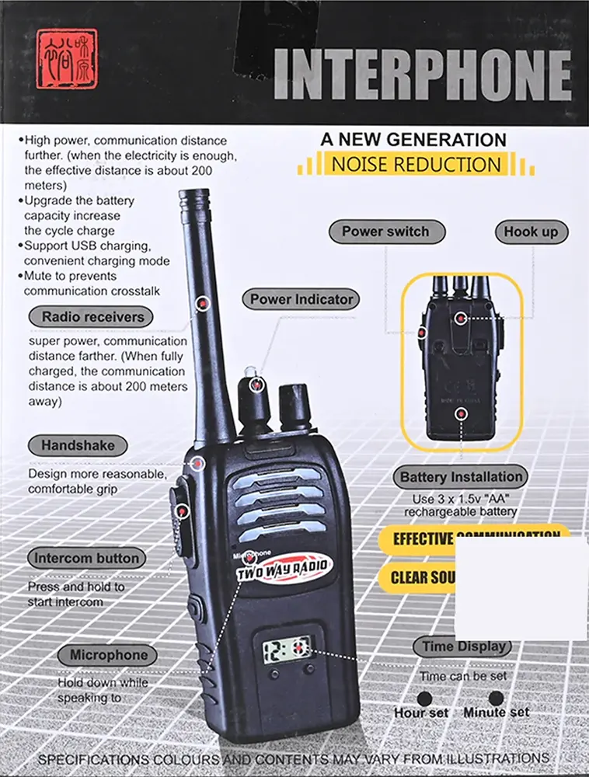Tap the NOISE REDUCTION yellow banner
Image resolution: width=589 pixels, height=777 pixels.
tap(416, 164)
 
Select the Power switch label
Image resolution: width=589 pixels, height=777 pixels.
tap(385, 232)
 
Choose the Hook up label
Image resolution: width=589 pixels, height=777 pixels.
tap(531, 232)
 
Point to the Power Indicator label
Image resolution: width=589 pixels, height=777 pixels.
tap(301, 299)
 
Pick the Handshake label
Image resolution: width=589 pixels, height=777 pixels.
tap(78, 446)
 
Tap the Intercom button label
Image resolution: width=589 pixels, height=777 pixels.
tap(86, 558)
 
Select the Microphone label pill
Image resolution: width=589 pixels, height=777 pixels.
tap(108, 655)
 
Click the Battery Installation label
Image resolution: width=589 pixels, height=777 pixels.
tap(461, 477)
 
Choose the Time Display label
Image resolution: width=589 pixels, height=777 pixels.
tap(463, 646)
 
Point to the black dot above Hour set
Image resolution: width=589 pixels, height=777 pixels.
tap(424, 699)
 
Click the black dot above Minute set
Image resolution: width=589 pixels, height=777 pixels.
tap(496, 699)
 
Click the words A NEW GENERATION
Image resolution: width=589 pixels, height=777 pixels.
tap(413, 140)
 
